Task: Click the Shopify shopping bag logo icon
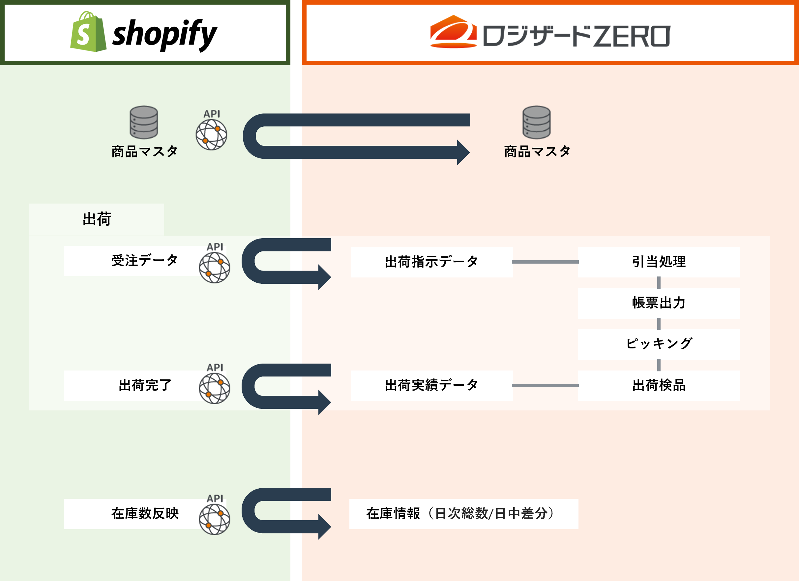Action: (88, 32)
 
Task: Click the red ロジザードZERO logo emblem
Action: (454, 31)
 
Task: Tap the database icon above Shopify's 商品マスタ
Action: (144, 122)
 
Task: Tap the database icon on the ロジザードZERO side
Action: (536, 122)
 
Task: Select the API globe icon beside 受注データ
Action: (215, 268)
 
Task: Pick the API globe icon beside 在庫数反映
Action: (215, 519)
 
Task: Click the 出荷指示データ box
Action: (431, 262)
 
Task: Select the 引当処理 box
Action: (659, 262)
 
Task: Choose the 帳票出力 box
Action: (659, 303)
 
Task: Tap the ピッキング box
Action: (659, 344)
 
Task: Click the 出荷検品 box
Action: (659, 385)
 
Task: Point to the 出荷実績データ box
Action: (431, 385)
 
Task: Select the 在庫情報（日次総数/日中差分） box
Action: (464, 514)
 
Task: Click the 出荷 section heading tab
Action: (97, 219)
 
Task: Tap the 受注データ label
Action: (145, 261)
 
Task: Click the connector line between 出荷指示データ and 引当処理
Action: (545, 262)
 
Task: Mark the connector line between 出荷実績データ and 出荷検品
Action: (545, 386)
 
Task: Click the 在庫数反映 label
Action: (145, 513)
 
